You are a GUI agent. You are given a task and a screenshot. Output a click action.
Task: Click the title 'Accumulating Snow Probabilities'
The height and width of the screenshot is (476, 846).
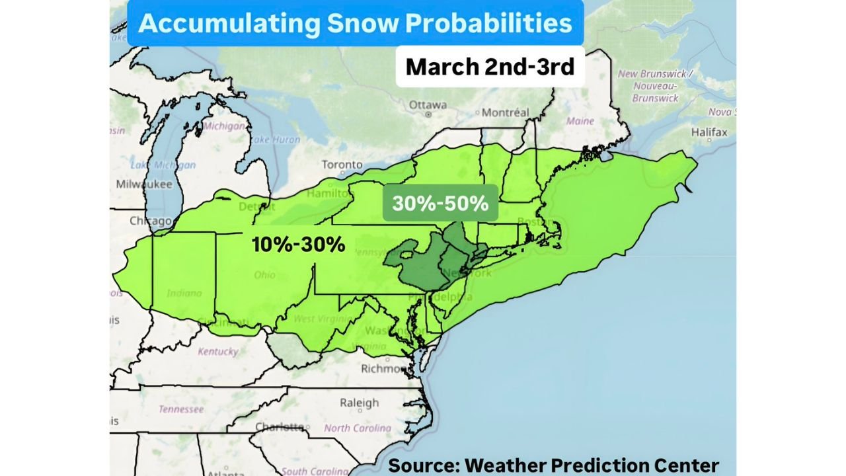[355, 23]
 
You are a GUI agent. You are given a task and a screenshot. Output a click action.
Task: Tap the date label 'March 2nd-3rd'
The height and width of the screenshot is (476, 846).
[490, 67]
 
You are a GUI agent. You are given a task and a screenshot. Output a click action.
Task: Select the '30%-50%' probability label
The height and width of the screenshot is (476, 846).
[440, 203]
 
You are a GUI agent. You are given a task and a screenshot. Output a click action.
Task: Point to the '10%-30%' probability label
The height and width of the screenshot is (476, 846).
[298, 245]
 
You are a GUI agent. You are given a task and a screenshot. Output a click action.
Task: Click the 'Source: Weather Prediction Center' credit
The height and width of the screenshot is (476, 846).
[553, 465]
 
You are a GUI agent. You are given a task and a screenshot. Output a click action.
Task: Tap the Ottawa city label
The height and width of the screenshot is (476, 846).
[428, 105]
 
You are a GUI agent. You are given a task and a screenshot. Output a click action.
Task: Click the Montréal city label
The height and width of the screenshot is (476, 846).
[505, 112]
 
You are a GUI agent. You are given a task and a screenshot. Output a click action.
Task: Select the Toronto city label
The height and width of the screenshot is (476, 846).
[342, 165]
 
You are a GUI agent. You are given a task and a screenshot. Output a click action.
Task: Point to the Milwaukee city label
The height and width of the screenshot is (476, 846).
[143, 184]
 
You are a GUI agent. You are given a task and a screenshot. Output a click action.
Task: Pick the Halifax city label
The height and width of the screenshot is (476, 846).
[709, 132]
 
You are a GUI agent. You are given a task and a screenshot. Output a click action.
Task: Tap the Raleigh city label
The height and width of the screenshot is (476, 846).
[359, 403]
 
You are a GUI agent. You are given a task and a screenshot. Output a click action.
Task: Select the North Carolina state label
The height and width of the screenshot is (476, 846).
[358, 428]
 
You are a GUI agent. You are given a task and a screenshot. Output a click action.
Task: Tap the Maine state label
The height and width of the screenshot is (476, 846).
[580, 122]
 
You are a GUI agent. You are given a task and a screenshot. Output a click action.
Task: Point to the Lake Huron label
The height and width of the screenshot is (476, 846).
[274, 139]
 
